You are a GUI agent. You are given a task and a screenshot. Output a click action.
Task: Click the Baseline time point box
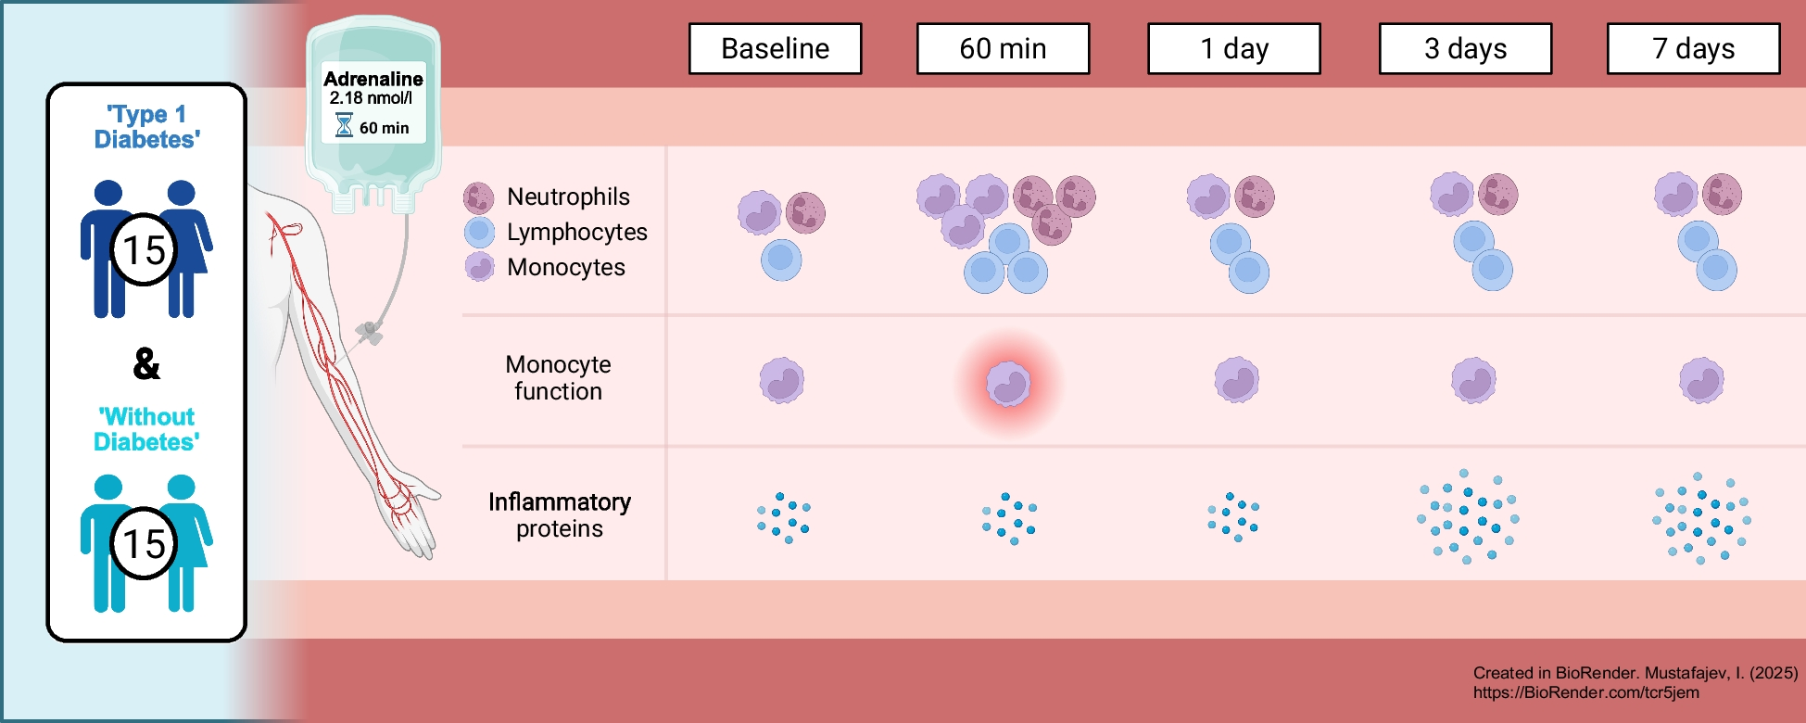click(x=775, y=48)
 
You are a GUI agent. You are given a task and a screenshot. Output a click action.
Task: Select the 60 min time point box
click(x=1003, y=48)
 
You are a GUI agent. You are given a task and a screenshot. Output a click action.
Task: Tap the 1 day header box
click(x=1233, y=48)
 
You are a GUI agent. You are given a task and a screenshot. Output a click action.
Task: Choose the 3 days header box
click(x=1465, y=48)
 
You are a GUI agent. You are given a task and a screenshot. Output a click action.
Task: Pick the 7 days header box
click(x=1693, y=48)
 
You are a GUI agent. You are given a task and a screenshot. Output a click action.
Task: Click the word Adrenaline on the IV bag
click(x=373, y=79)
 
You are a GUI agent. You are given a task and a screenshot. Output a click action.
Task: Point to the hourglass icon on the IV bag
click(x=344, y=125)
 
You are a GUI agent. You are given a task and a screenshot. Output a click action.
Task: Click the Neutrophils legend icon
click(x=478, y=197)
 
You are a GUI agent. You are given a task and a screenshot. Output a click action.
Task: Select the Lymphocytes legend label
click(x=576, y=232)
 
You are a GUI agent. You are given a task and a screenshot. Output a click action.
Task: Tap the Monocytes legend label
click(x=565, y=267)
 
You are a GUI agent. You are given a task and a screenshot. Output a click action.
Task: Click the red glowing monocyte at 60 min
click(x=1008, y=383)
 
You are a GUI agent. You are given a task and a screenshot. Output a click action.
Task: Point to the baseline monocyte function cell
click(x=782, y=380)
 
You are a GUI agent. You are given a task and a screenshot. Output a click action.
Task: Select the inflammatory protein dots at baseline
click(x=784, y=517)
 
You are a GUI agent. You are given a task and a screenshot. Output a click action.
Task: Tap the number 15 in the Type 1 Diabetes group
click(x=144, y=249)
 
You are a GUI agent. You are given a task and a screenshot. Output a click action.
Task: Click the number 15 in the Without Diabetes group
click(x=144, y=543)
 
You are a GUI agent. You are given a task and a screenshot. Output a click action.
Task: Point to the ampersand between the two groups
click(x=146, y=363)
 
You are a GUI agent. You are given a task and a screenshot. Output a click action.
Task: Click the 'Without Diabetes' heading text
click(x=146, y=429)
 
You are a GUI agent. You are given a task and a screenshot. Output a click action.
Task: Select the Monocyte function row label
click(x=558, y=377)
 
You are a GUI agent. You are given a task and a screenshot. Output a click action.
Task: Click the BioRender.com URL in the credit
click(x=1585, y=692)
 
